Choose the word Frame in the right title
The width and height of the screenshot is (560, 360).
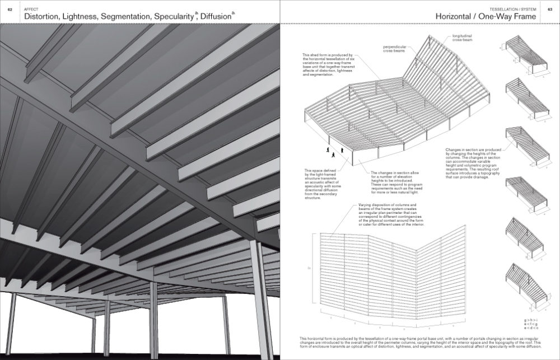pos(522,17)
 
